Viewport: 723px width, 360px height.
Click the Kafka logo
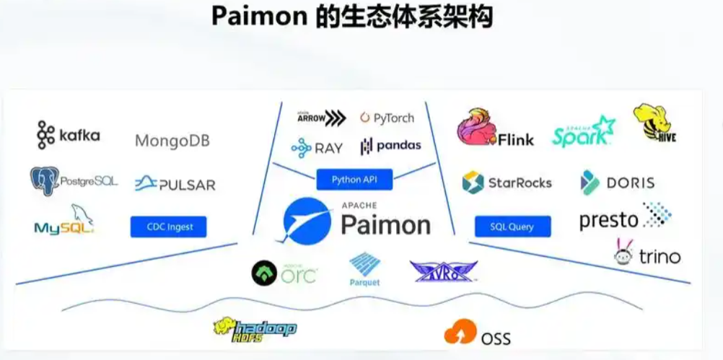pyautogui.click(x=69, y=135)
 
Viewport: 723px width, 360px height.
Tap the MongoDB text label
pyautogui.click(x=172, y=140)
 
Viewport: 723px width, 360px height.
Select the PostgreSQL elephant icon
pyautogui.click(x=44, y=181)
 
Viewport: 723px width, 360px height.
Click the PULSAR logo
pyautogui.click(x=175, y=184)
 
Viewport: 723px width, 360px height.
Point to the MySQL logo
pyautogui.click(x=64, y=221)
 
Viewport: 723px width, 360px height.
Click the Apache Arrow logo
pyautogui.click(x=321, y=118)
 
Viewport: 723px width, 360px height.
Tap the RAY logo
pyautogui.click(x=317, y=148)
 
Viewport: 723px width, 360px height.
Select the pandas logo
pyautogui.click(x=390, y=146)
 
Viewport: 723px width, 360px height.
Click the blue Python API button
pyautogui.click(x=354, y=179)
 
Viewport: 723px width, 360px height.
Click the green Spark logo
pyautogui.click(x=584, y=131)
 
